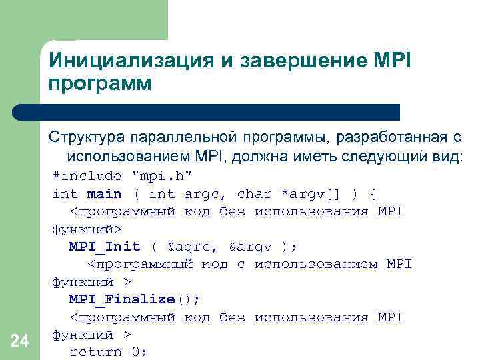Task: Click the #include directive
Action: [87, 176]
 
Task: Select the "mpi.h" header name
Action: [162, 176]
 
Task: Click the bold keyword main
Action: [105, 194]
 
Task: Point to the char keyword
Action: [254, 194]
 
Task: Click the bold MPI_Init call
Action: [105, 247]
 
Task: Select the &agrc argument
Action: [193, 247]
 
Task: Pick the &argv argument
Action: [250, 247]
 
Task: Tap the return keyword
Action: [96, 352]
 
